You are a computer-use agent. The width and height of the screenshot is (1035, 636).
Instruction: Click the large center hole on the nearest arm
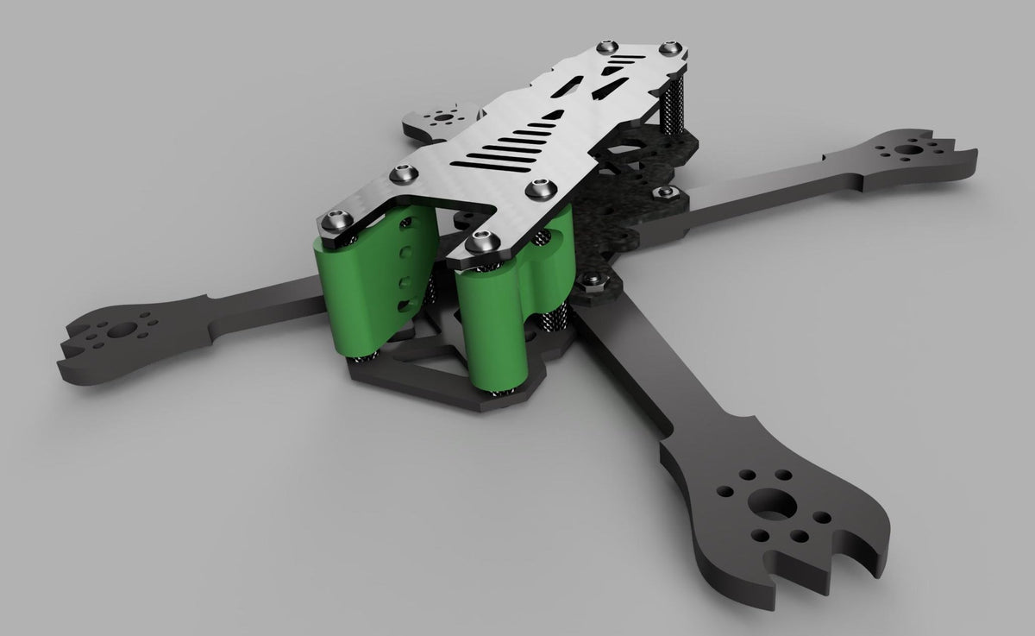(x=774, y=503)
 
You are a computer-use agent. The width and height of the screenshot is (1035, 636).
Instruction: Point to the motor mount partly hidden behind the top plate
(x=442, y=117)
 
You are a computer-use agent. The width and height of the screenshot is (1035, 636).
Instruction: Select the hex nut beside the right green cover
(x=592, y=280)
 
